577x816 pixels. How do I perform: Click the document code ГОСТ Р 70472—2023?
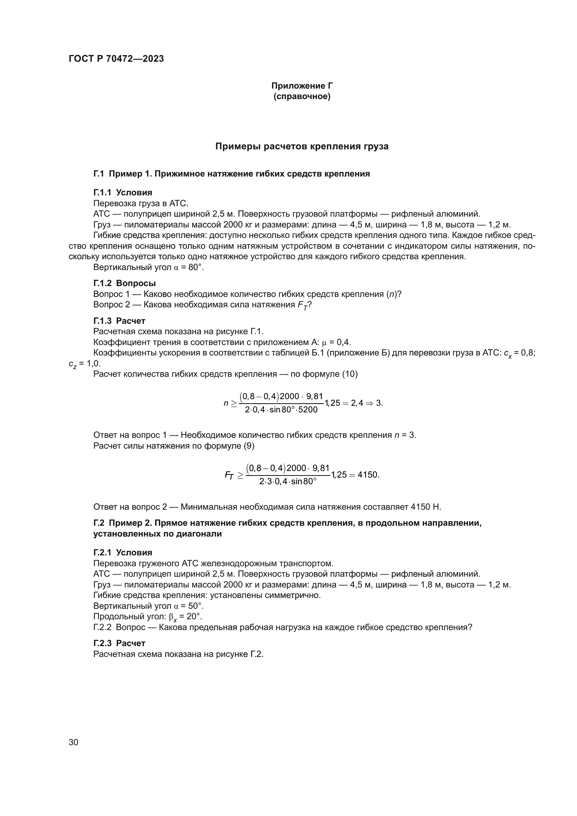116,59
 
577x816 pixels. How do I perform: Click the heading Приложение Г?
302,86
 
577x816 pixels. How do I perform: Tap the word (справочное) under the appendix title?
302,96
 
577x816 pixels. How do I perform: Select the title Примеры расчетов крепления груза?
302,147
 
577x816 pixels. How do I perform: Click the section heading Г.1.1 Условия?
122,193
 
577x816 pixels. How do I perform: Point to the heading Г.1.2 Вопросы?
124,283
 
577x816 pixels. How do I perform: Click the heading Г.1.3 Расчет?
119,321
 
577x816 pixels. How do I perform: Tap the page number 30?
74,742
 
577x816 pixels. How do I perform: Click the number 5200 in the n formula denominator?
308,410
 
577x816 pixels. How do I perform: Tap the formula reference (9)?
249,446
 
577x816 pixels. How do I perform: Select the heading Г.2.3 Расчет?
119,643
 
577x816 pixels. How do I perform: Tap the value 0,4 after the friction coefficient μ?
344,342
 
